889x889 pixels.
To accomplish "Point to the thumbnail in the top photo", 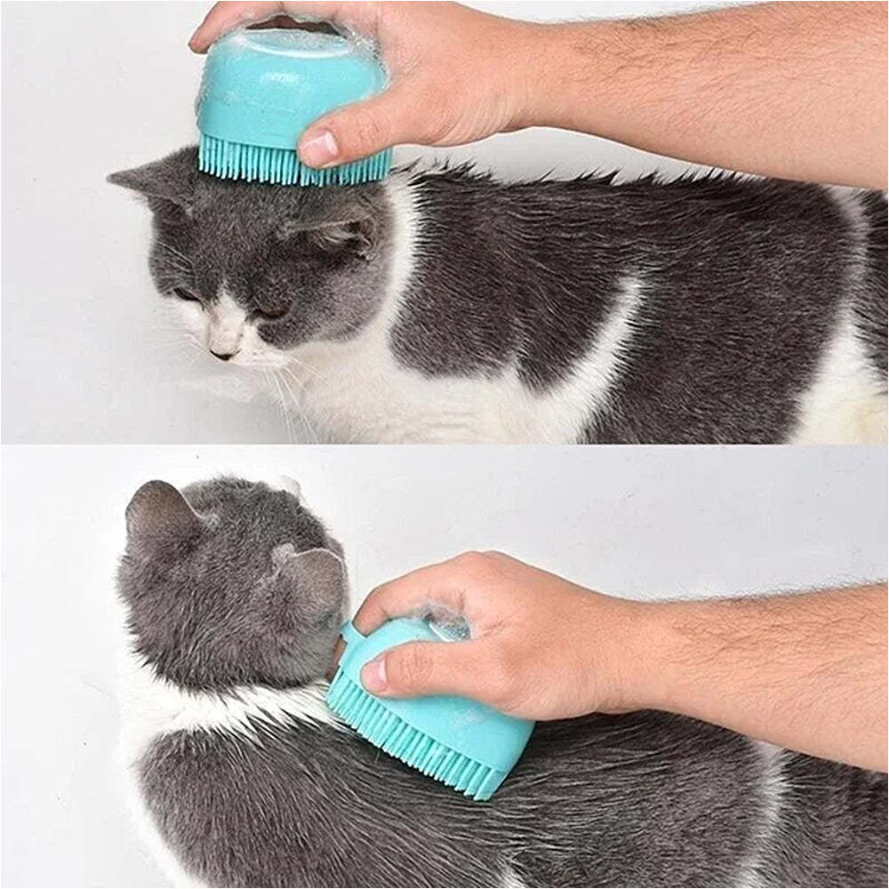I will [317, 148].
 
